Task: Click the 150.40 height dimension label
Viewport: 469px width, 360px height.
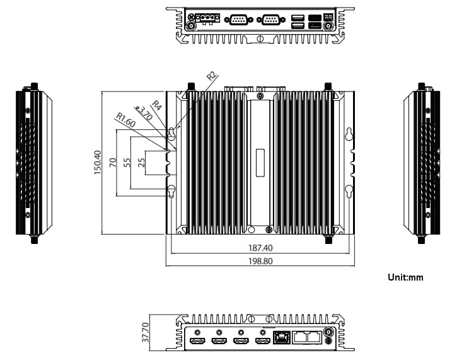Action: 98,163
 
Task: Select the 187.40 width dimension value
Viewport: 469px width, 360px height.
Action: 260,248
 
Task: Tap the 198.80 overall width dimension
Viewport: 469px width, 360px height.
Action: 260,260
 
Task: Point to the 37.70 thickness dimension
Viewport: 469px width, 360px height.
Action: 146,332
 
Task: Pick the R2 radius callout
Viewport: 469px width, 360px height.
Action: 212,76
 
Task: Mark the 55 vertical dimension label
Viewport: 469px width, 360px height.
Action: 127,162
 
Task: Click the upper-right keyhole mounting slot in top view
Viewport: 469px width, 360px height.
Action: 348,134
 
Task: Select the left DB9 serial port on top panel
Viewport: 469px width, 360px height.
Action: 238,20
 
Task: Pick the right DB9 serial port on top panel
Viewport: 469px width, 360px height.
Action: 272,20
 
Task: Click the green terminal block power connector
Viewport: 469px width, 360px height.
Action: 206,19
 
